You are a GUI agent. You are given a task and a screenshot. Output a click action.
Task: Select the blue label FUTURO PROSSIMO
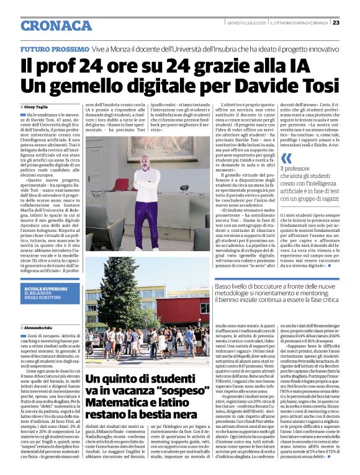point(54,48)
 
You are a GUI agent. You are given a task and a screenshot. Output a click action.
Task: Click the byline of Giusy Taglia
point(38,107)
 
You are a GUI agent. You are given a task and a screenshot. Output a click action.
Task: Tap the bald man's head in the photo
point(145,163)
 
